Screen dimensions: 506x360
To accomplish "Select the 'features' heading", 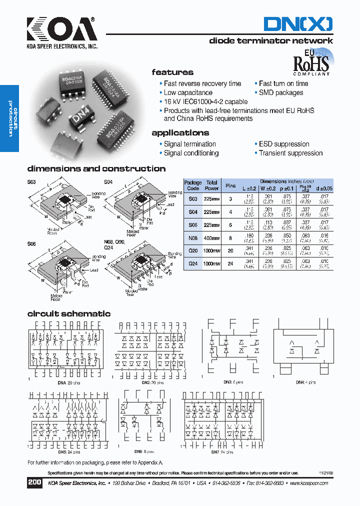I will click(x=172, y=72).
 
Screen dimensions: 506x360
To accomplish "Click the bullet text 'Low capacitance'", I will click(x=188, y=92).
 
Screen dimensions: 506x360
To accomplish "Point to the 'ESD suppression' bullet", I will click(x=283, y=144).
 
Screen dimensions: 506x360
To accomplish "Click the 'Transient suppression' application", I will click(x=290, y=153).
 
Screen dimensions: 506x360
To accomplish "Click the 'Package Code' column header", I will click(x=193, y=185).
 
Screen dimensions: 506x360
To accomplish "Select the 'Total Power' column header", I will click(x=212, y=185).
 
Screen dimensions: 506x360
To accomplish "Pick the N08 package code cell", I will click(x=193, y=237).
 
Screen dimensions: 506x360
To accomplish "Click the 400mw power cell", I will click(x=212, y=237).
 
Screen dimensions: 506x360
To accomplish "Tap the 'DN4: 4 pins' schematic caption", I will click(x=305, y=382).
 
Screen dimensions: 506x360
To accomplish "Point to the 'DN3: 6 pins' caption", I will click(x=232, y=382).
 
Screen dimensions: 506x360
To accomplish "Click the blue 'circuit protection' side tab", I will click(x=10, y=118).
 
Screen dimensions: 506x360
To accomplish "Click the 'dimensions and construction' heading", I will click(x=96, y=169).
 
